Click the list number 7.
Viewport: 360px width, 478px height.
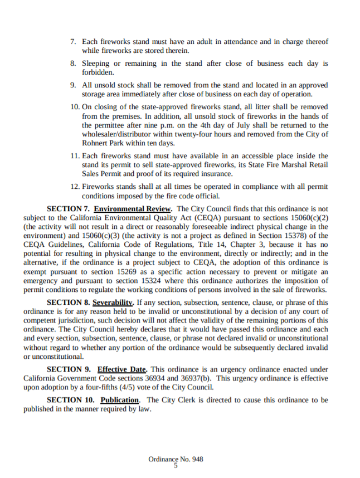click(x=73, y=42)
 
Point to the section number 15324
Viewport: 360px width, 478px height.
click(x=173, y=280)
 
